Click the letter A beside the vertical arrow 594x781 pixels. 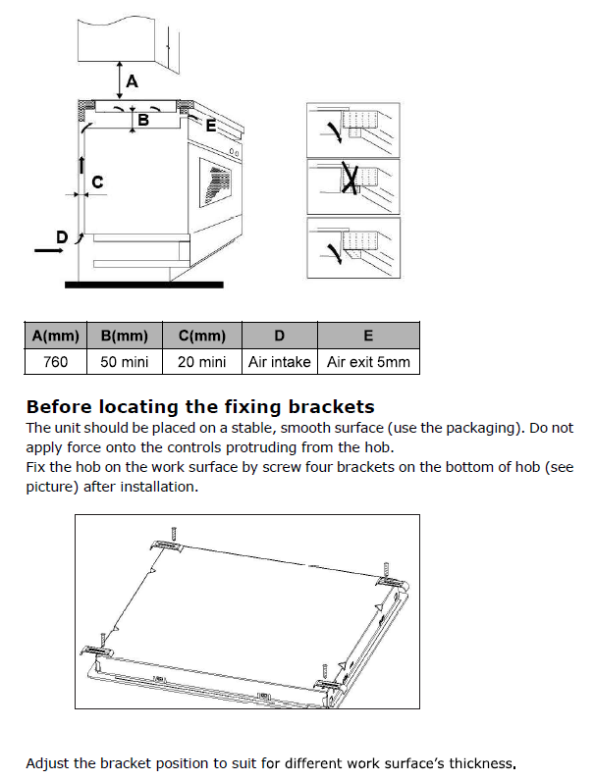(133, 83)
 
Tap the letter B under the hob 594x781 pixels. (142, 121)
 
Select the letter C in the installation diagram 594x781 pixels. (97, 182)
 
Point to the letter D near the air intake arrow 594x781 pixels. (62, 236)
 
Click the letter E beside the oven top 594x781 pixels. (210, 126)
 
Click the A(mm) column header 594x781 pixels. (56, 336)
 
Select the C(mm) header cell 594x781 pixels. (202, 336)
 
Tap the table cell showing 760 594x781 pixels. (56, 362)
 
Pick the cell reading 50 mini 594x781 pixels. (125, 362)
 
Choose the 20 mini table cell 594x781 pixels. (202, 362)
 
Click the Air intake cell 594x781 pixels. (280, 362)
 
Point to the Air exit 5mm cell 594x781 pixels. (368, 362)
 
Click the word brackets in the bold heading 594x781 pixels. (329, 406)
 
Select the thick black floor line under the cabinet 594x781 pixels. (143, 284)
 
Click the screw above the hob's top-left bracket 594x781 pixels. (174, 532)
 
